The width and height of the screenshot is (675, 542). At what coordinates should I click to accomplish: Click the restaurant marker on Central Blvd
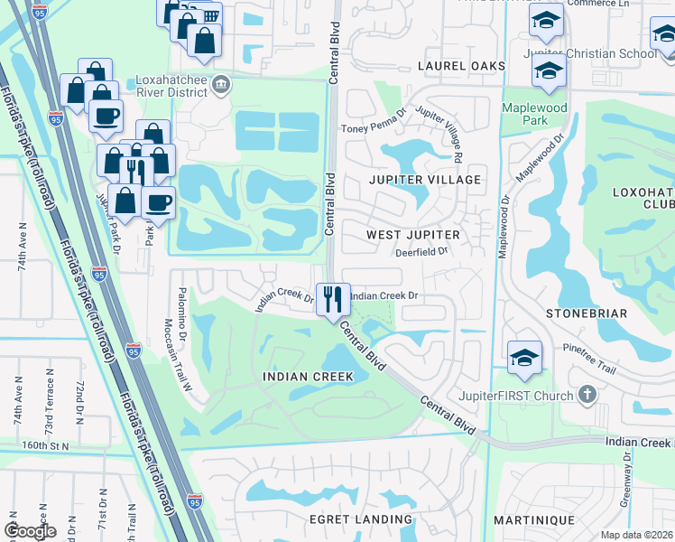click(x=333, y=298)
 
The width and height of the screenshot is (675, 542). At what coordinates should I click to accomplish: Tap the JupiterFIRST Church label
click(x=529, y=396)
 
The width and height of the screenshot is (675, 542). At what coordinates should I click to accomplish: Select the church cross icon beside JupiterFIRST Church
click(x=587, y=395)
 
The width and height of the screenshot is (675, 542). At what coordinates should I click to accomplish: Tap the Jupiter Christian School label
click(x=590, y=53)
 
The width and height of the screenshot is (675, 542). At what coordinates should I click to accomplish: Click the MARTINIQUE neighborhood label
click(x=533, y=520)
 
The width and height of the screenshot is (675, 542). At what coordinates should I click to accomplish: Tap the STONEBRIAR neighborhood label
click(x=587, y=313)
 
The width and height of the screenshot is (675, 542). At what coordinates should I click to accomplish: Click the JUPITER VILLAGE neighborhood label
click(x=425, y=180)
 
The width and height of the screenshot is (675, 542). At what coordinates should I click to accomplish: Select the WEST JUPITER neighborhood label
click(x=413, y=235)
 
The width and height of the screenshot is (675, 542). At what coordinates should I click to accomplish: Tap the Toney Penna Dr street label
click(x=374, y=120)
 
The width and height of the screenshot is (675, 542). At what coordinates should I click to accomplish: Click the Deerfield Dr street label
click(x=421, y=253)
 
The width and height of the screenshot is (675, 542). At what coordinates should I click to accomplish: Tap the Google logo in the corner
click(x=31, y=530)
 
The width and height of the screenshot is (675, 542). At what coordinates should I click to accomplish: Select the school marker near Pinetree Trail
click(x=524, y=358)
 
